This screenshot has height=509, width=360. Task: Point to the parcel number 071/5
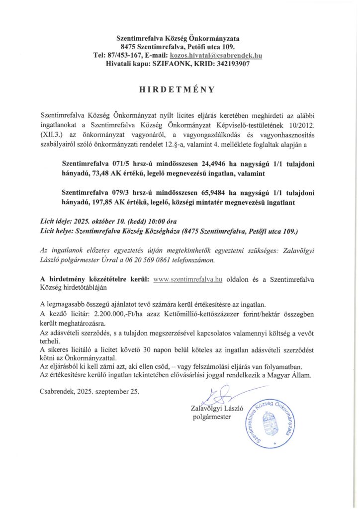[x=116, y=163]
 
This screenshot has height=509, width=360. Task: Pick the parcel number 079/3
[x=116, y=192]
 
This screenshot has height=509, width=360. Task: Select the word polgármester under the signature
[x=212, y=417]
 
